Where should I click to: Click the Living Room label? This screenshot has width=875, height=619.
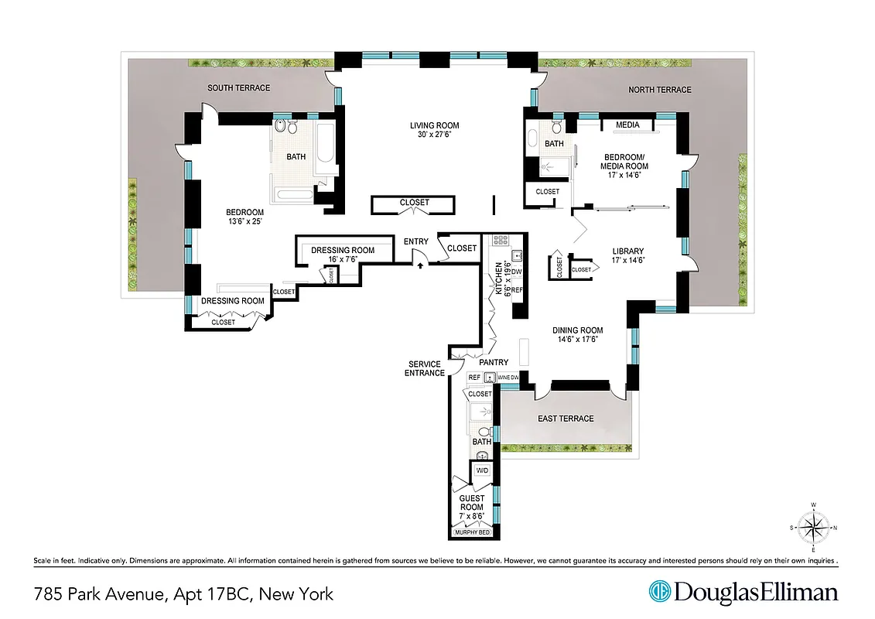coord(434,125)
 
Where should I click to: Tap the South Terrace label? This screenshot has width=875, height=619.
coord(238,88)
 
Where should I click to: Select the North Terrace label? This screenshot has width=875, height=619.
coord(659,90)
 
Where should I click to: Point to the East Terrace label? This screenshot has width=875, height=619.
coord(566,419)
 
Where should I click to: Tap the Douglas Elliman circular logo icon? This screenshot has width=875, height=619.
coord(660,593)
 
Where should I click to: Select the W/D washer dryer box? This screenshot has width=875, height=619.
coord(482,470)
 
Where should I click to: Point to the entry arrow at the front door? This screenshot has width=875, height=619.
coord(420,265)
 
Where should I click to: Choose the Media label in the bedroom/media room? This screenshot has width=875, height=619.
coord(627,125)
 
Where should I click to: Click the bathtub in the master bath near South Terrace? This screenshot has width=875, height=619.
coord(325,143)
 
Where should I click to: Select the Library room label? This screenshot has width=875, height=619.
coord(627,251)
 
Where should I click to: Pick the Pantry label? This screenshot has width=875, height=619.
coord(493,362)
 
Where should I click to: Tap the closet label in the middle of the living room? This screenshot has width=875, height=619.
coord(414,203)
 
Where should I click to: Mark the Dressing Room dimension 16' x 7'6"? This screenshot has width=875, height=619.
coord(342,259)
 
